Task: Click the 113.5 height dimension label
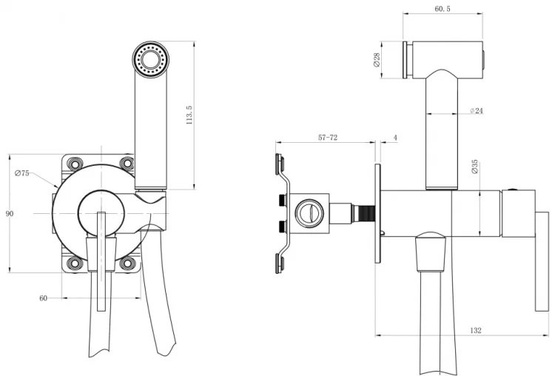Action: pos(189,115)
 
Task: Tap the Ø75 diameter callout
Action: pos(22,173)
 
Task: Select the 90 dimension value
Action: pos(10,213)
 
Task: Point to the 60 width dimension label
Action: pos(43,298)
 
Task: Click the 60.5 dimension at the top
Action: pos(443,9)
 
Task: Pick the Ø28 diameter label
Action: pos(377,59)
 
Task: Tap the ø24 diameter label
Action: pos(477,111)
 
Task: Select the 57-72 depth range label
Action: pos(328,138)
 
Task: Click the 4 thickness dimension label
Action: pos(395,138)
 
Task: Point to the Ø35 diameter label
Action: pos(475,167)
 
